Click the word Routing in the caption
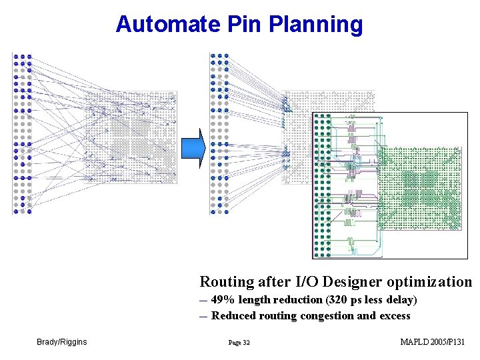227,282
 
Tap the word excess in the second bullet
394,316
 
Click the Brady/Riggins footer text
61,342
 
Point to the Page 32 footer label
239,343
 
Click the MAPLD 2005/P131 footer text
432,342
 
